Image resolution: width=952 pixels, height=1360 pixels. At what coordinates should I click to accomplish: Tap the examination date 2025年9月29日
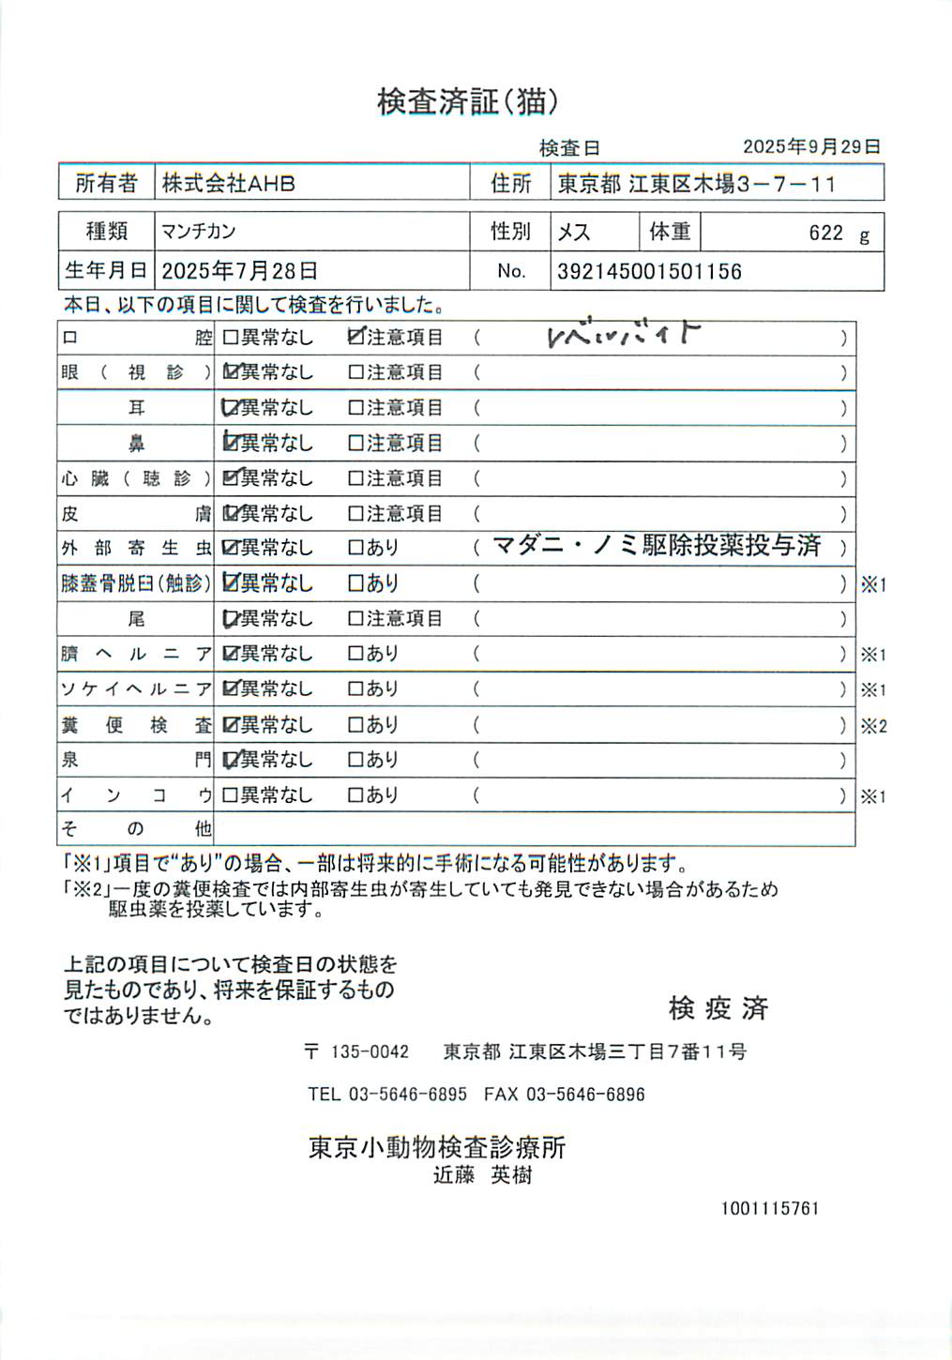pyautogui.click(x=811, y=146)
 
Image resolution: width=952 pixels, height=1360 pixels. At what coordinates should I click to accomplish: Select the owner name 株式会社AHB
pyautogui.click(x=228, y=183)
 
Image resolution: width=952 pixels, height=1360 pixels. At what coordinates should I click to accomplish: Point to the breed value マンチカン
pyautogui.click(x=198, y=232)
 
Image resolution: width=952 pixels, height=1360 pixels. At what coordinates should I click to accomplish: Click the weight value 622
pyautogui.click(x=825, y=233)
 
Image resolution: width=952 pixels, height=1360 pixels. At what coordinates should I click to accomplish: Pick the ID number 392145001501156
pyautogui.click(x=649, y=272)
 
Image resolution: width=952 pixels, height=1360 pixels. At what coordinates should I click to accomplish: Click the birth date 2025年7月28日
pyautogui.click(x=239, y=272)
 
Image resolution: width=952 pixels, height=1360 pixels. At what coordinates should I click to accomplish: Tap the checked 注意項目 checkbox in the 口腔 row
pyautogui.click(x=355, y=337)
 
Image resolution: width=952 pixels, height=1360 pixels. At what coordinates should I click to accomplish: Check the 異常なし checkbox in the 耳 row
pyautogui.click(x=230, y=408)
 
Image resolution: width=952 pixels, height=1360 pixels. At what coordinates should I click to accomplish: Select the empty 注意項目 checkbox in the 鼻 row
pyautogui.click(x=355, y=443)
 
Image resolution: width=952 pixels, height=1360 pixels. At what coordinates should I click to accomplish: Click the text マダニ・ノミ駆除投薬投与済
pyautogui.click(x=656, y=546)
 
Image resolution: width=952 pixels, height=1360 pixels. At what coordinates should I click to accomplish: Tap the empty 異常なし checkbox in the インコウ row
pyautogui.click(x=230, y=795)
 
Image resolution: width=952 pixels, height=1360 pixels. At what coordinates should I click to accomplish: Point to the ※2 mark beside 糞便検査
pyautogui.click(x=873, y=725)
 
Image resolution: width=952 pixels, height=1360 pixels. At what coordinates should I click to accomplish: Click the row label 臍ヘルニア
pyautogui.click(x=136, y=654)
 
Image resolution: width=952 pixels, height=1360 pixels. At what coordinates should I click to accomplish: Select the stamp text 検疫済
pyautogui.click(x=718, y=1008)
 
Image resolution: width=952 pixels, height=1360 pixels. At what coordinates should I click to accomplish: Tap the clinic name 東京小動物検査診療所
pyautogui.click(x=437, y=1147)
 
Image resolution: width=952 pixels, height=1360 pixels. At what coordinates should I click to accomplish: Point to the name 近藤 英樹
pyautogui.click(x=482, y=1175)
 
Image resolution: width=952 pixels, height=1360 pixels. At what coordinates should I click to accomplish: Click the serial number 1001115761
pyautogui.click(x=769, y=1208)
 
